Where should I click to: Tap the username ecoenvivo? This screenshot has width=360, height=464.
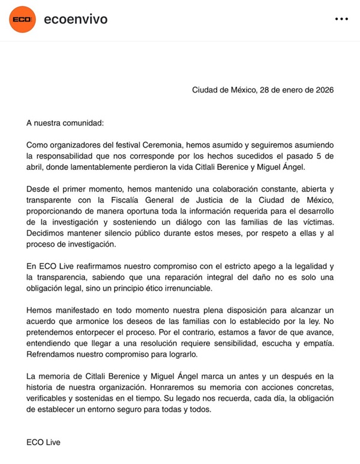pos(76,19)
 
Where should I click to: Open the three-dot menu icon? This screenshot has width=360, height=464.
pos(341,19)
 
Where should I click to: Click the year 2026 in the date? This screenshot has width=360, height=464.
pos(322,90)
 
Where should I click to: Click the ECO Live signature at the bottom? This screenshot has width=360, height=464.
pos(43,442)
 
